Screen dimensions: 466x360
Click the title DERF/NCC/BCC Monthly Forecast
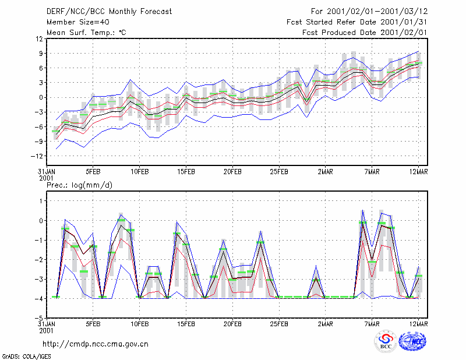[109, 12]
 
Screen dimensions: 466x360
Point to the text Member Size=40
[78, 22]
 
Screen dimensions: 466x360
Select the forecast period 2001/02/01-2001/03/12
[377, 12]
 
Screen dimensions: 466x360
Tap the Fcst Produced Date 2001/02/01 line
[365, 33]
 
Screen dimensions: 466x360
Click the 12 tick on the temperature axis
[39, 39]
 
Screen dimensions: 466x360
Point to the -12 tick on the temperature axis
[37, 156]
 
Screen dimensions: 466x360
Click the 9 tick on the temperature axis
[41, 54]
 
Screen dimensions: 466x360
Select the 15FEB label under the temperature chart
[186, 172]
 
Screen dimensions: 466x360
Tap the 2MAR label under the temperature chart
[326, 172]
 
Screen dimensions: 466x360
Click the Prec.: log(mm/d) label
[80, 185]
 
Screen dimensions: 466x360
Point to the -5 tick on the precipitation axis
[38, 319]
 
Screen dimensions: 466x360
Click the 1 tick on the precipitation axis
[41, 201]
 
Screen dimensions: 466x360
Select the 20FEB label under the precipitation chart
[232, 324]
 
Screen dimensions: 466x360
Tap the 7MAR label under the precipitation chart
[372, 324]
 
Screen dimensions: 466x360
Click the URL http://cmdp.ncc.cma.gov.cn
[96, 344]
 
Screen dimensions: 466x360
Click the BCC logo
[386, 341]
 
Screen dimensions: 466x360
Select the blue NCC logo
[412, 341]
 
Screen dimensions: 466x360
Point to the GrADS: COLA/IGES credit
[27, 357]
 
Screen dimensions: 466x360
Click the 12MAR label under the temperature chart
[419, 172]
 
